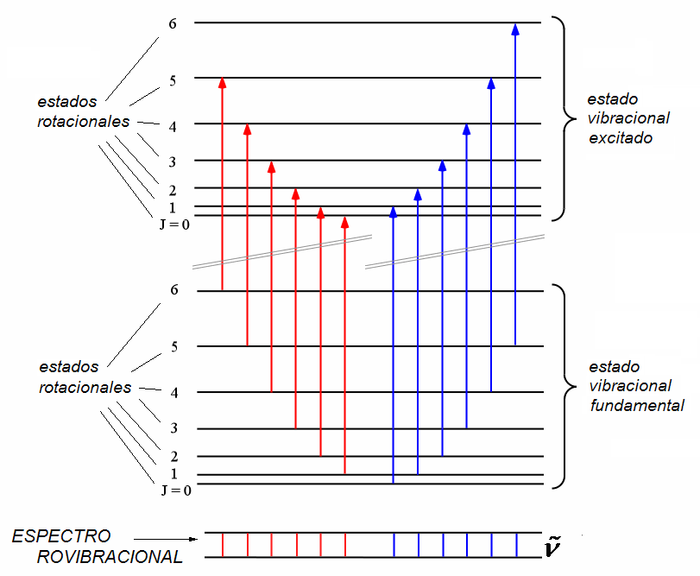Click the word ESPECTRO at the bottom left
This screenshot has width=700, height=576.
point(61,536)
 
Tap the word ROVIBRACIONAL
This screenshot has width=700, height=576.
point(110,557)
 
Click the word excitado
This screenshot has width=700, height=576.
point(619,137)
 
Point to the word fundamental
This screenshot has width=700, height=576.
point(636,405)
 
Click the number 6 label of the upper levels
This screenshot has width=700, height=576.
point(173,22)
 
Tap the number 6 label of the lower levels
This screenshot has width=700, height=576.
point(174,290)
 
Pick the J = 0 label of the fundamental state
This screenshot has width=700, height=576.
point(175,490)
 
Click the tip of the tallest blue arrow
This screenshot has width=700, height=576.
point(515,28)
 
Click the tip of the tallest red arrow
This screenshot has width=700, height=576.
point(223,83)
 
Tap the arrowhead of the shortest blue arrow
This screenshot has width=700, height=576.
point(394,212)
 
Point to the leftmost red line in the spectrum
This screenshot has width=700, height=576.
point(223,545)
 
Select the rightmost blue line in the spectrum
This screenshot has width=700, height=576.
point(516,545)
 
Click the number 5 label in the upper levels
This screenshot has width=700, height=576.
point(173,80)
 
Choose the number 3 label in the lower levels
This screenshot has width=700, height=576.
point(173,428)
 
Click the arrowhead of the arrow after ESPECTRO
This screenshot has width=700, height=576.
point(195,537)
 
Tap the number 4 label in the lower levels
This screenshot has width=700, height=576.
point(174,393)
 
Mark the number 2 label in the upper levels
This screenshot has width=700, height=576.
point(173,190)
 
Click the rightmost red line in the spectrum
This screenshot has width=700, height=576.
point(345,545)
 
